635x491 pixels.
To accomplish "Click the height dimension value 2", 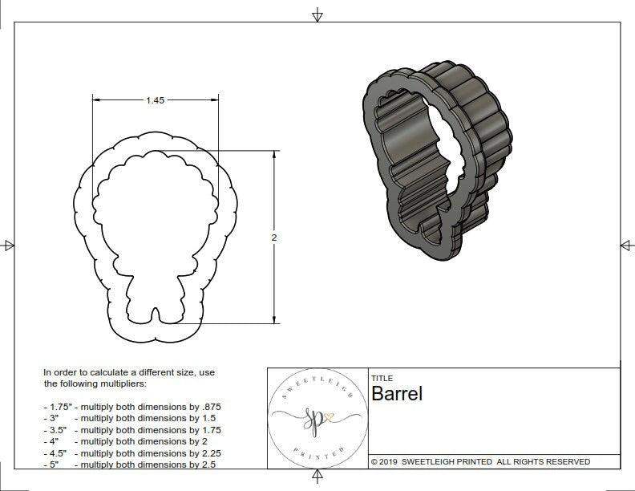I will coord(273,237).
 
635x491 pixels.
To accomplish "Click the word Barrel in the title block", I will coord(396,394).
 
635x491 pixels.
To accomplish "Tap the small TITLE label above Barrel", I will coord(382,378).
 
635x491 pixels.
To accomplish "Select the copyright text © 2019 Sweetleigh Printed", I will coord(480,461).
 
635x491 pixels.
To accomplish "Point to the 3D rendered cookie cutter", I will coord(437,160).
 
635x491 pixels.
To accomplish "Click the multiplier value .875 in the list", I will coord(209,407).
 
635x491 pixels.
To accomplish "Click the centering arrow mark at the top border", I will coord(317,15).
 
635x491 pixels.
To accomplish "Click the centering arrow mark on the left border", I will coord(9,245).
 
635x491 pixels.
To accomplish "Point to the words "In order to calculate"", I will coord(88,373).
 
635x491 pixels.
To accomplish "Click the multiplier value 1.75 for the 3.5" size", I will coord(209,430).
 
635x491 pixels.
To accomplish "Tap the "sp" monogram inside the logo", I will coord(315,418).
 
